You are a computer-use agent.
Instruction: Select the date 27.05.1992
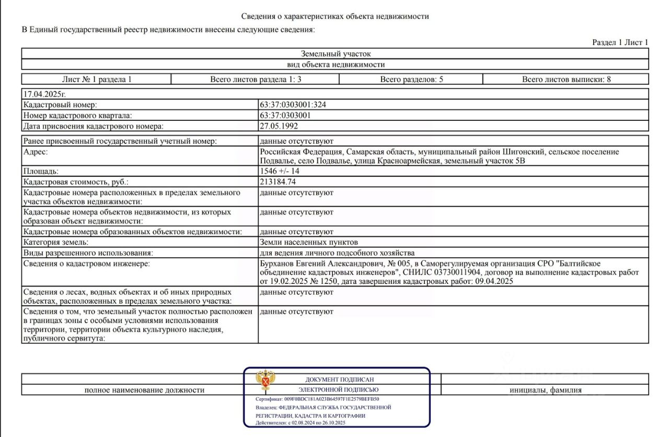click(x=279, y=126)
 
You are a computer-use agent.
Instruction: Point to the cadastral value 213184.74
click(x=281, y=182)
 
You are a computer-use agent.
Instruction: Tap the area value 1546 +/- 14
click(x=280, y=171)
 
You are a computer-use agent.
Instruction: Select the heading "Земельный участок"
click(x=336, y=54)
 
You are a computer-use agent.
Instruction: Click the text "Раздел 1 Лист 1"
click(x=620, y=42)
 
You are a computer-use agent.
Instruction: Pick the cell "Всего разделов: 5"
click(x=411, y=79)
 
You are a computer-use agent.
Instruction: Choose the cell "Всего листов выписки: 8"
click(x=566, y=79)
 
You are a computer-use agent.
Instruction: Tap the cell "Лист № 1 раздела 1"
click(x=97, y=79)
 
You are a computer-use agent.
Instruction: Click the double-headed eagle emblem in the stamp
click(x=266, y=381)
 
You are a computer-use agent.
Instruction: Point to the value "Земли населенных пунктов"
click(x=309, y=243)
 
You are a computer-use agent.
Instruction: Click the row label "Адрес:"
click(x=36, y=152)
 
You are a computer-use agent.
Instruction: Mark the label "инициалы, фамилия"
click(x=546, y=390)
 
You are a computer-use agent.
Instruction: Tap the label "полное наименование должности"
click(x=144, y=390)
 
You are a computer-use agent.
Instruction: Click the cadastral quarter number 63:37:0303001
click(x=285, y=116)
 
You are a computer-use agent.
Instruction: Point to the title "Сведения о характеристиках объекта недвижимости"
click(x=335, y=16)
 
